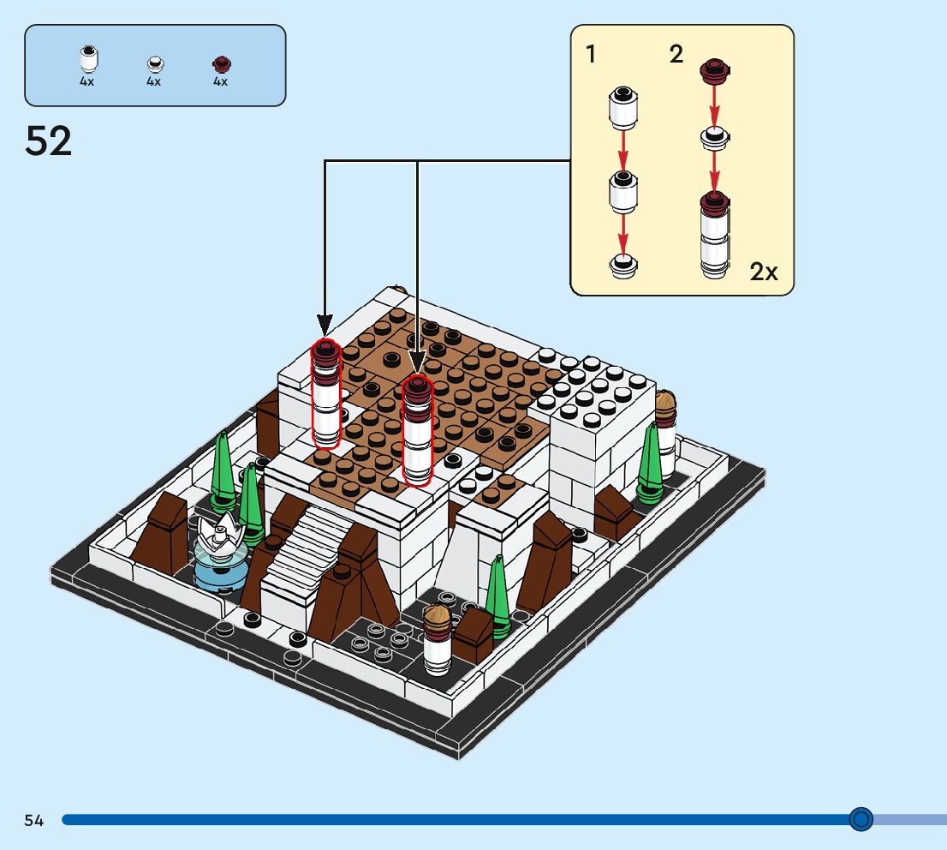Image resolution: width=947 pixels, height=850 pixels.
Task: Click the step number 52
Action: point(49,141)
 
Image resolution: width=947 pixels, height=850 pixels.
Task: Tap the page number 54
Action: point(34,820)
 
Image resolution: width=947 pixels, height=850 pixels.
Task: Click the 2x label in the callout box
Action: point(764,272)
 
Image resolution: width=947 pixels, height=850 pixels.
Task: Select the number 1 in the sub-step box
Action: point(591,55)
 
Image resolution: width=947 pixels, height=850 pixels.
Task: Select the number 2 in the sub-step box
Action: point(676,55)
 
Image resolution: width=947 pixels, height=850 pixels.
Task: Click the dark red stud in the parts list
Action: point(221,64)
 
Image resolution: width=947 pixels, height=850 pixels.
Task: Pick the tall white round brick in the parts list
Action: point(87,60)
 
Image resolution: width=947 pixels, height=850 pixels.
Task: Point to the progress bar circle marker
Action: point(861,819)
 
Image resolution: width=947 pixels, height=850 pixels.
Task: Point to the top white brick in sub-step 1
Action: point(622,105)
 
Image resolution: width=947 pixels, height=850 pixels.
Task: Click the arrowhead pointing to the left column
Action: point(325,325)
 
